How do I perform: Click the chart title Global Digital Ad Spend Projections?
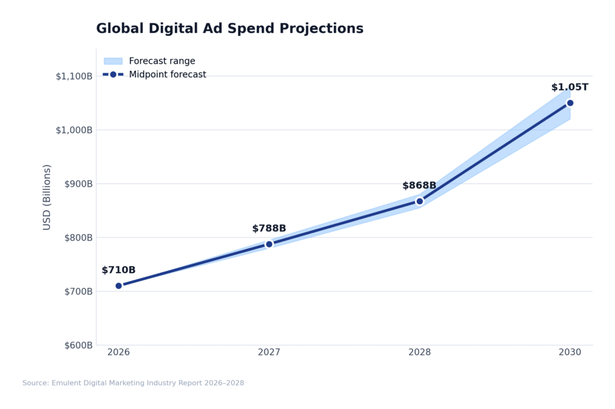pos(229,29)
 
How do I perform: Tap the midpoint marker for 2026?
pos(118,286)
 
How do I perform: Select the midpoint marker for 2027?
pos(269,244)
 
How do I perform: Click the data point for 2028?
pos(420,201)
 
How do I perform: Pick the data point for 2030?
pos(570,103)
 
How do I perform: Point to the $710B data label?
pos(118,270)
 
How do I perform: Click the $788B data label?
pos(269,229)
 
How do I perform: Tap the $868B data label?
pos(419,186)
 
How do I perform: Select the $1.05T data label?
pos(569,88)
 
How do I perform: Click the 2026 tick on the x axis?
pos(118,353)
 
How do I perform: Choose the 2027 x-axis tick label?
pos(269,353)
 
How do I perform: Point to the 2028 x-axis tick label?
pos(420,353)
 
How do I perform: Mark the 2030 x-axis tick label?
pos(570,353)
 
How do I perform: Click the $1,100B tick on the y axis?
pos(74,76)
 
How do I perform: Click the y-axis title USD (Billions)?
pos(47,197)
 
